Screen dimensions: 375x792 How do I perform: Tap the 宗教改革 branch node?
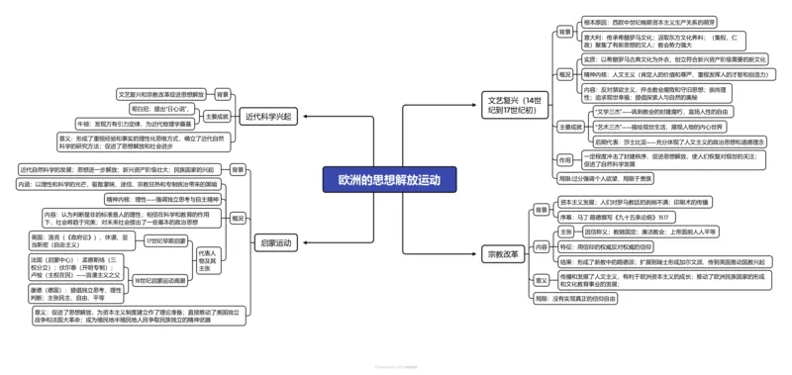502,254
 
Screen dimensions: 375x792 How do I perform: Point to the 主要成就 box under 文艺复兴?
566,126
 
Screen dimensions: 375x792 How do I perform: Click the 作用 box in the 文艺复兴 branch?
564,159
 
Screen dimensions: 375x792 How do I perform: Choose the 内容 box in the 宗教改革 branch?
541,246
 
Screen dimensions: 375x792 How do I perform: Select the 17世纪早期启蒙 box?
166,241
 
